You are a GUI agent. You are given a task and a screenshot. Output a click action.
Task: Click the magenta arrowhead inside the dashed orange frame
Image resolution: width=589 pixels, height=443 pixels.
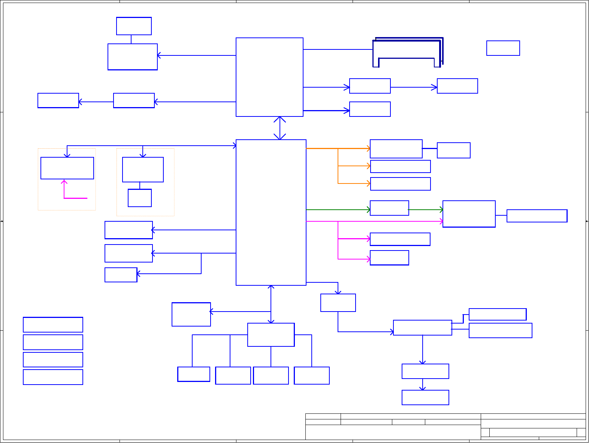tap(64, 182)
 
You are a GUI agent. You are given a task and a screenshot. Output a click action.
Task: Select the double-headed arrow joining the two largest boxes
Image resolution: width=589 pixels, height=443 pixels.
tap(280, 128)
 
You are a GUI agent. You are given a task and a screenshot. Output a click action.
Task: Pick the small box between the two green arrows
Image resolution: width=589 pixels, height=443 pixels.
tap(389, 208)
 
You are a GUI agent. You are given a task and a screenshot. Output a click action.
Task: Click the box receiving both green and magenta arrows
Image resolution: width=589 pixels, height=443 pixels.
tap(469, 214)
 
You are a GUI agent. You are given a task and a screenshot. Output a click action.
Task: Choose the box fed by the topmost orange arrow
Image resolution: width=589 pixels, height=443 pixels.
tap(396, 149)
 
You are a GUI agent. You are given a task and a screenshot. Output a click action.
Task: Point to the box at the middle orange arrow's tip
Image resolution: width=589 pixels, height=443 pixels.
tap(400, 166)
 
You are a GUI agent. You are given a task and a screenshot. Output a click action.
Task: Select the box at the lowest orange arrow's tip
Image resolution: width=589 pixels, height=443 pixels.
tap(400, 184)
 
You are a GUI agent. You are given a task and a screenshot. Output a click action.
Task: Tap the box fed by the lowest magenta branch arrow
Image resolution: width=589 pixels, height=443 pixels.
tap(389, 258)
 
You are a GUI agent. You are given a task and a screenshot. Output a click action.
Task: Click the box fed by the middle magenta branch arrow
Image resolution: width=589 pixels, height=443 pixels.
tap(400, 239)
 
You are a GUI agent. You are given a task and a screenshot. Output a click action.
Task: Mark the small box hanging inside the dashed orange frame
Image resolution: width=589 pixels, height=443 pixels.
tap(140, 198)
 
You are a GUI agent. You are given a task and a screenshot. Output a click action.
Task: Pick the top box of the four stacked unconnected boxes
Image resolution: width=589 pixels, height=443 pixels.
tap(53, 325)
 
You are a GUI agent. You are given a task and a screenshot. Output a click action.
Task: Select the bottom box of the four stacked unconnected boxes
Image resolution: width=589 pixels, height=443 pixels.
tap(53, 377)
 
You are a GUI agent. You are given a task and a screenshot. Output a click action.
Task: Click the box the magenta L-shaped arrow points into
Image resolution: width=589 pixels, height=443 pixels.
tap(67, 168)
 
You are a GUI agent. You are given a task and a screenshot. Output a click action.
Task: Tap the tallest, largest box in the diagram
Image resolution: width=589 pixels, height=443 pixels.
tap(271, 212)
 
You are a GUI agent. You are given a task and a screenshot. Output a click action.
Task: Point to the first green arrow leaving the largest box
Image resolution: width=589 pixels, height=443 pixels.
tap(337, 210)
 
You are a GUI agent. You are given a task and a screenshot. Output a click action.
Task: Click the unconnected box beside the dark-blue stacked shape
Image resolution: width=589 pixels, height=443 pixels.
tap(503, 48)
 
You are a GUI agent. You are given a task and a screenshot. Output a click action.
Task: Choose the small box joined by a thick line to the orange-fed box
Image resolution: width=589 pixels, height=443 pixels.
tap(453, 150)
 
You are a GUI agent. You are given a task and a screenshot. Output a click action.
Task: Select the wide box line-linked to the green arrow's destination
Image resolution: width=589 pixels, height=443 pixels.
tap(537, 216)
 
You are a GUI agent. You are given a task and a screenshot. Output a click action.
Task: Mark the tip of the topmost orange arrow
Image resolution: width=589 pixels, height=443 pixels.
tap(369, 149)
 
